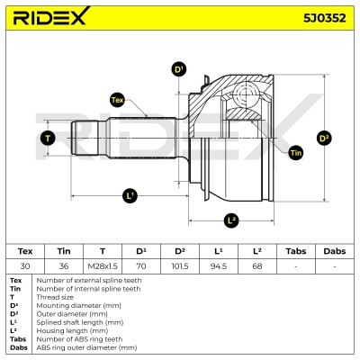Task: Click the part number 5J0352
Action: (x=325, y=18)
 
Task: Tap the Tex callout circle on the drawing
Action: (x=117, y=100)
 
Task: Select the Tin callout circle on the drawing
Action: (x=295, y=153)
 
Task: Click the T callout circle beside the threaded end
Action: (x=48, y=139)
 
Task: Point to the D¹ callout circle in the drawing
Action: (x=179, y=70)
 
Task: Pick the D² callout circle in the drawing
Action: (x=324, y=139)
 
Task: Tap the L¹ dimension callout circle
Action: (x=130, y=196)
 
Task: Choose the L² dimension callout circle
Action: (x=231, y=221)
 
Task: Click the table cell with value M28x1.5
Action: (x=103, y=266)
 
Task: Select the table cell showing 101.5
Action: (x=180, y=266)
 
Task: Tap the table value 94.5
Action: (x=219, y=266)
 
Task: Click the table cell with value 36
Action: (x=64, y=266)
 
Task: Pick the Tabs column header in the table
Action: (x=296, y=251)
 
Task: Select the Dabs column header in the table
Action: (x=335, y=251)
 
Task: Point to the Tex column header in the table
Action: (x=25, y=251)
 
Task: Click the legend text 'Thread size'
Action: (x=55, y=297)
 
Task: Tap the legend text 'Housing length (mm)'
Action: (x=72, y=331)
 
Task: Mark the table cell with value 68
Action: (x=257, y=266)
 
